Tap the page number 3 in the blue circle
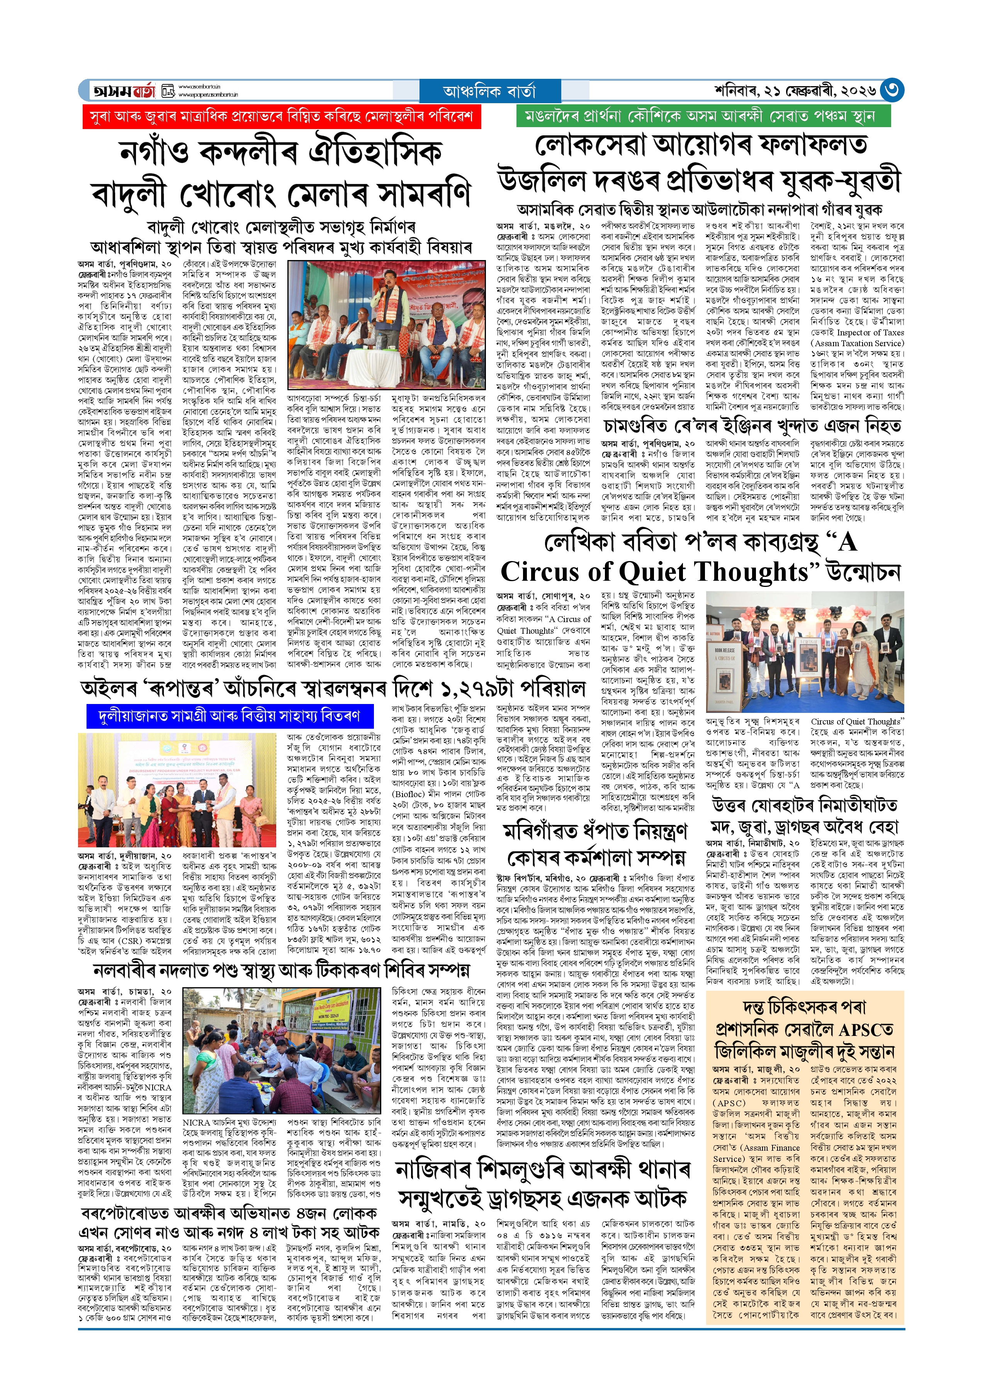[892, 90]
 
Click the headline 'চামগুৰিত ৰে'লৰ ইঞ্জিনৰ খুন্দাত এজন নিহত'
[752, 426]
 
